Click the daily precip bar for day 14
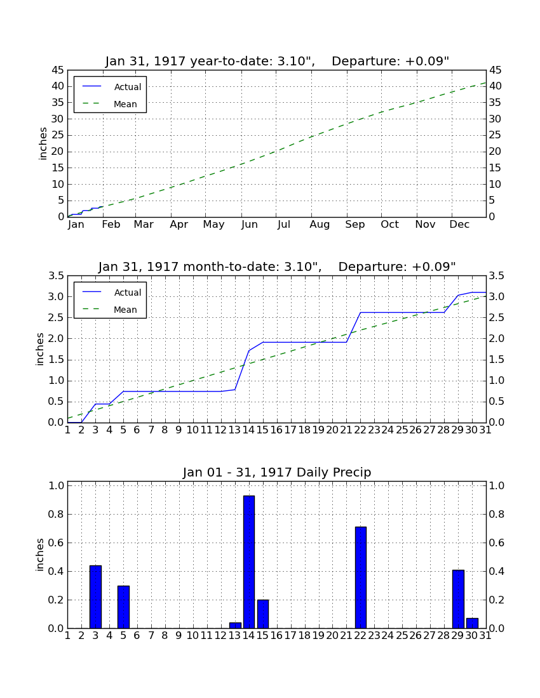point(248,562)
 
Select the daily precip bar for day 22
point(360,577)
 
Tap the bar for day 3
point(95,596)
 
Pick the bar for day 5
point(123,607)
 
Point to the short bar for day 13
point(235,626)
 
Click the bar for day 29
point(458,599)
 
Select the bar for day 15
point(263,614)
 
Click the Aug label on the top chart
point(320,225)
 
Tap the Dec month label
point(459,225)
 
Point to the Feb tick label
point(111,225)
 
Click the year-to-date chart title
point(277,61)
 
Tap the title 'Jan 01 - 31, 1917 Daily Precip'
point(277,472)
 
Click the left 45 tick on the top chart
point(58,70)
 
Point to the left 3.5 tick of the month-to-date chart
point(56,276)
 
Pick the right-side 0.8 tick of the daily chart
point(497,514)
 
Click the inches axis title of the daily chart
point(40,555)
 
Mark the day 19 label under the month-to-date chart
point(318,430)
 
